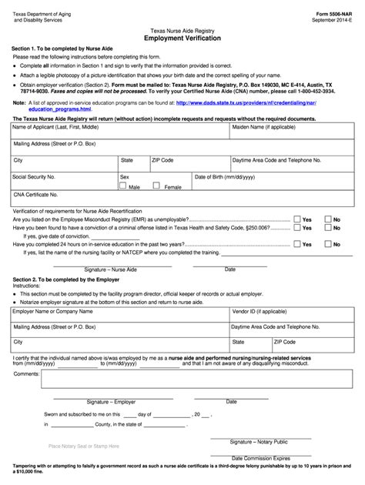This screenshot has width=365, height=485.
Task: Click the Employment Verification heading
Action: (182, 37)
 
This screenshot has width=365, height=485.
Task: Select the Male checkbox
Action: (125, 186)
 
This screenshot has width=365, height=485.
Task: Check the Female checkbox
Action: (157, 186)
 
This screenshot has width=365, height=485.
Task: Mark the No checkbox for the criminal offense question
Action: (328, 228)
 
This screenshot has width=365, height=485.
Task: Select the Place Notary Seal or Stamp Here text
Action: (83, 446)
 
